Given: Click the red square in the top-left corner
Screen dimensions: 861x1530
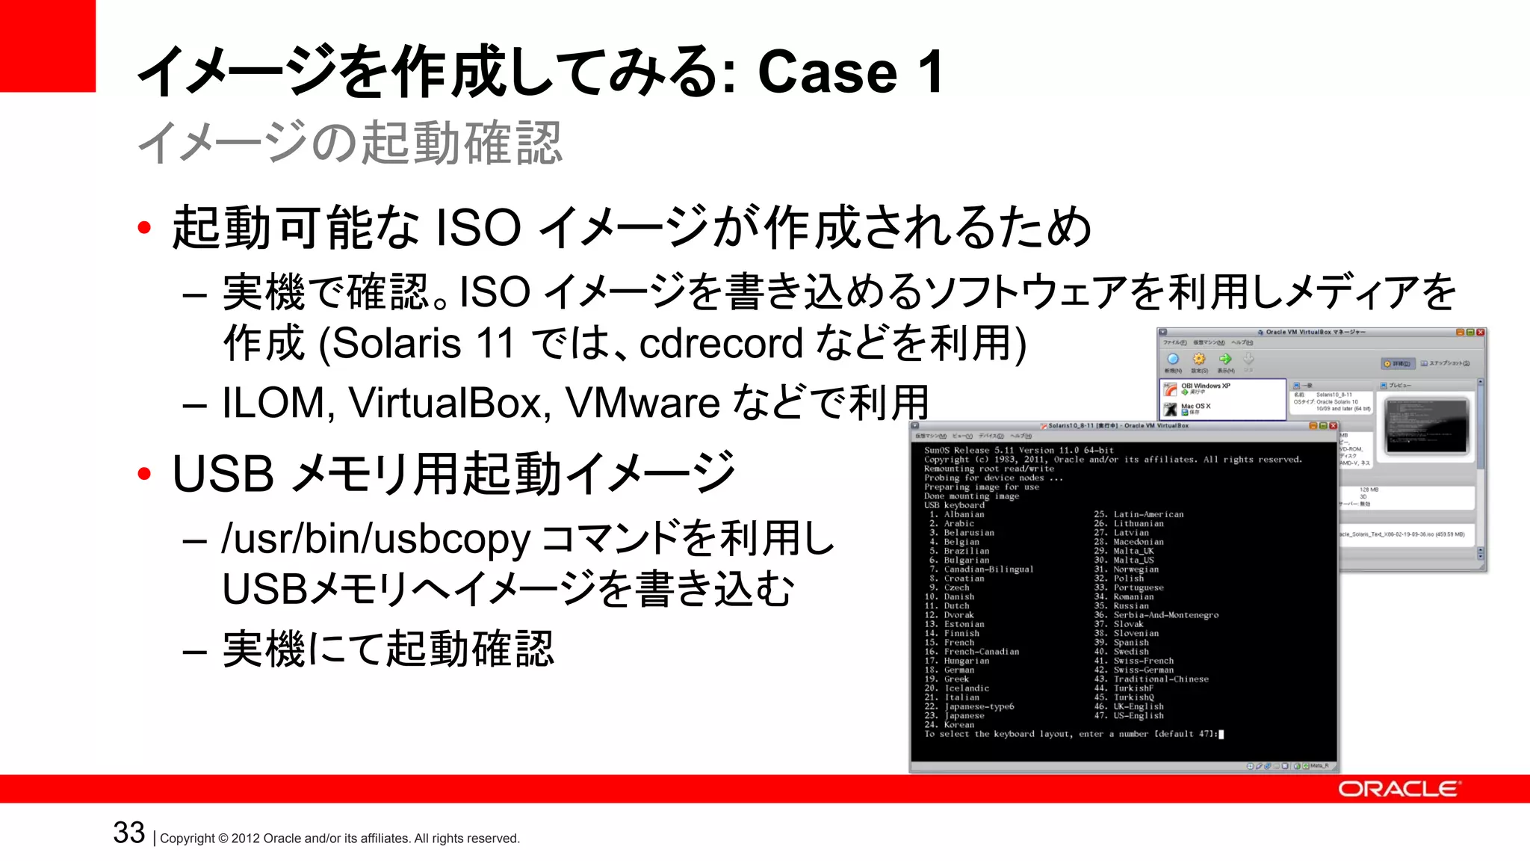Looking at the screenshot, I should (x=47, y=45).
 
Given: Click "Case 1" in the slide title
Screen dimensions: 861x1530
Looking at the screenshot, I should (x=849, y=72).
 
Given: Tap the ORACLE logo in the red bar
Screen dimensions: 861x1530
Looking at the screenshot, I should (x=1398, y=789).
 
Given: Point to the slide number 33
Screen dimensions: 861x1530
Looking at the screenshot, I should (x=128, y=833).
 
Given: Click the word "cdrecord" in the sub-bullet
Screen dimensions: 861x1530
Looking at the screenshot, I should (x=721, y=344).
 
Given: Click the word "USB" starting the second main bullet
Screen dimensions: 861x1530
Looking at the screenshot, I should (x=223, y=474).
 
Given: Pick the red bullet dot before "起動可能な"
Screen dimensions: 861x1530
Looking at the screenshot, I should (x=144, y=227).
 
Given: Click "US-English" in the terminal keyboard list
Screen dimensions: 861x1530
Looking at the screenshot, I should (x=1139, y=715).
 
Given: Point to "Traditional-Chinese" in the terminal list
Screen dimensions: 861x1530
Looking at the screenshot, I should (x=1160, y=679).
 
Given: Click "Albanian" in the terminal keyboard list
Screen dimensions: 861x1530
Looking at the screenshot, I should (x=964, y=514).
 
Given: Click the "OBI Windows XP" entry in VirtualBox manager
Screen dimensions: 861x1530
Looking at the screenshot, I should (x=1205, y=386).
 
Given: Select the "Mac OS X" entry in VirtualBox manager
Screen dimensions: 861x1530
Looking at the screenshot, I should (x=1195, y=407).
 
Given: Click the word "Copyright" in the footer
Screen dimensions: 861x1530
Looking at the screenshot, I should (x=187, y=839).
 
